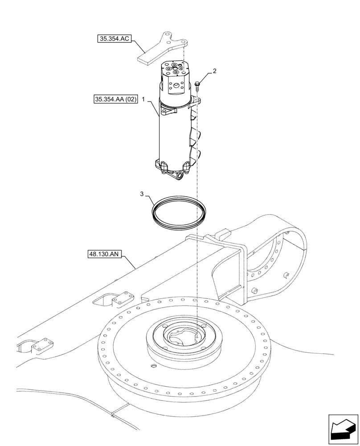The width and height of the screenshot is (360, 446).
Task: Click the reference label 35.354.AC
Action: [x=114, y=39]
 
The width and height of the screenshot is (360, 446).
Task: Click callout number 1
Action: [x=144, y=101]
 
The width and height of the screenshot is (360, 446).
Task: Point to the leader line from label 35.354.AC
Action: [x=138, y=47]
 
